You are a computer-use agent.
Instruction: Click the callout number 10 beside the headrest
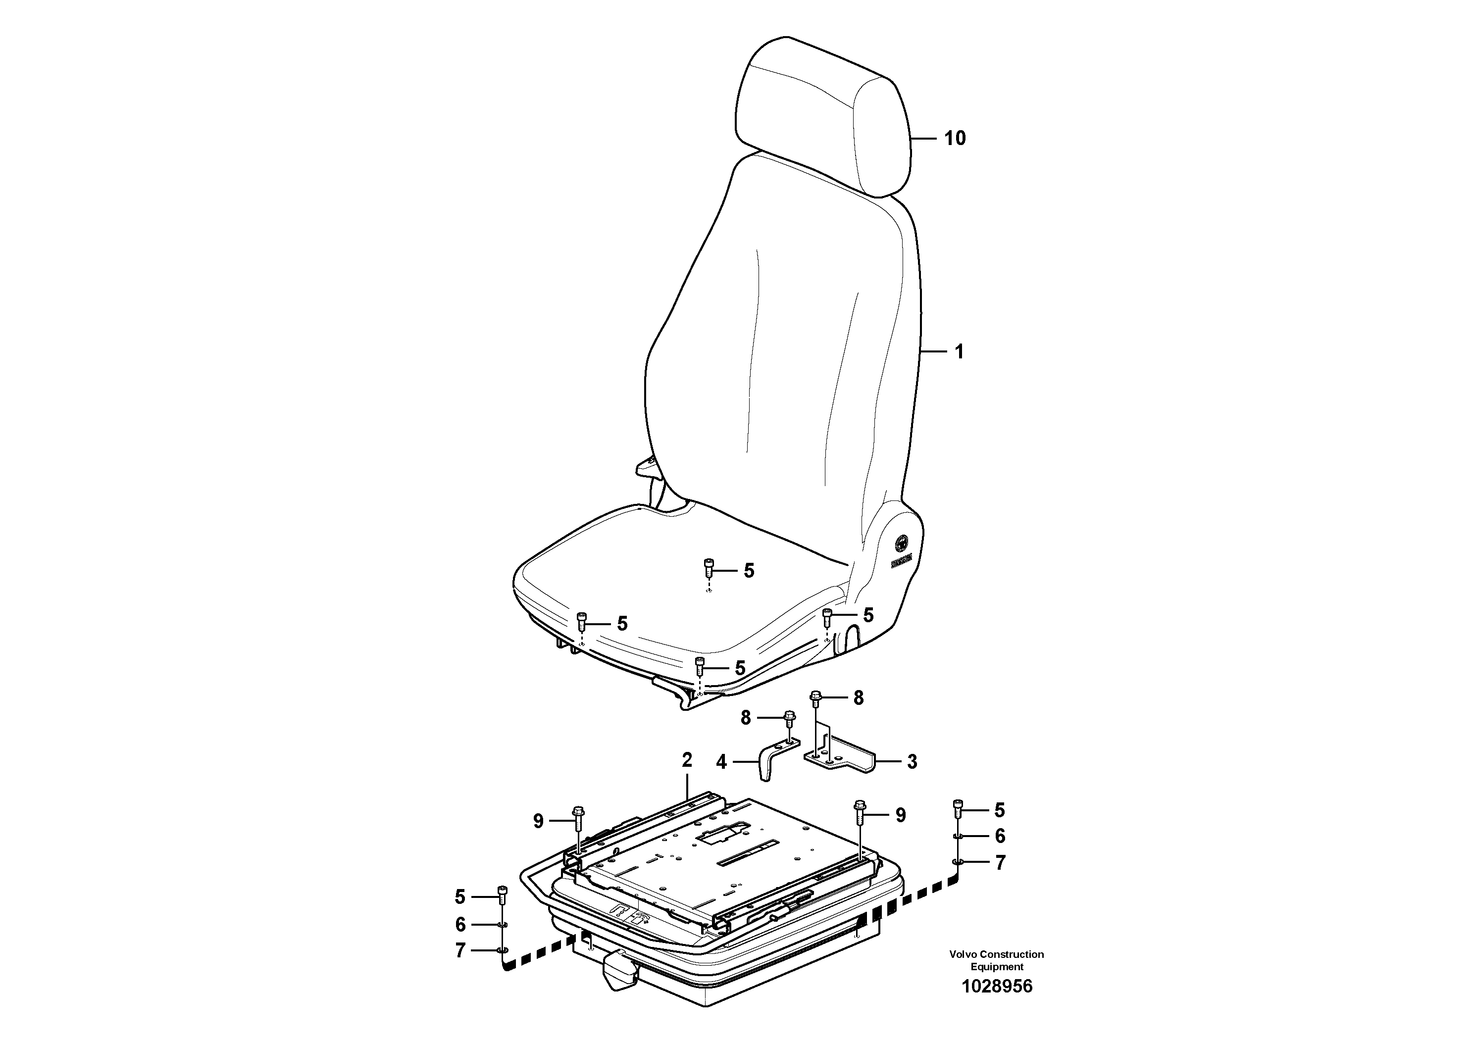click(955, 138)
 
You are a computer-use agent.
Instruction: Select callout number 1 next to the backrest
click(959, 352)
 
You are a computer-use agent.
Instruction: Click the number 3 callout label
click(912, 762)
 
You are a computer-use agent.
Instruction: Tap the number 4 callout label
click(721, 762)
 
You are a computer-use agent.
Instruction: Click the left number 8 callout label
click(745, 718)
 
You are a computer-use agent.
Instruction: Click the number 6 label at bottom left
click(460, 925)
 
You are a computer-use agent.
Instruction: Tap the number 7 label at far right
click(1000, 863)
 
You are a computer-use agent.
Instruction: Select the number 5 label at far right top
click(1000, 811)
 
